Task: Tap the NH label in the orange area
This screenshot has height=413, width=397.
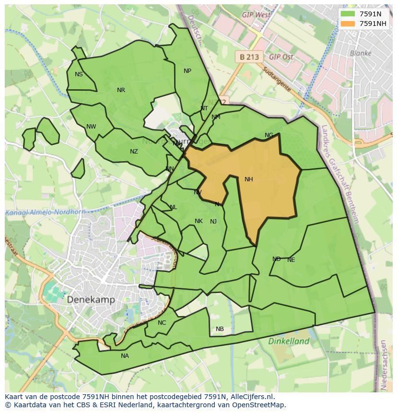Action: coord(248,179)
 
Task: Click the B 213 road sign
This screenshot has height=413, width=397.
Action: coord(249,57)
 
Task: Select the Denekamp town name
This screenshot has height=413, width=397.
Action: coord(91,299)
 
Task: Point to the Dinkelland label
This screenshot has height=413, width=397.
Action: coord(289,342)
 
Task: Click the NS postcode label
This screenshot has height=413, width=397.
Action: coord(79,74)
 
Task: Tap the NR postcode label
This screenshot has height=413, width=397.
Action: coord(121,90)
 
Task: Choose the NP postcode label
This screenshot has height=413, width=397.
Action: coord(187,71)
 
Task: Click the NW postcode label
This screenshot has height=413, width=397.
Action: coord(91,127)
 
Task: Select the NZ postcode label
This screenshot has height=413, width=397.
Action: coord(134,152)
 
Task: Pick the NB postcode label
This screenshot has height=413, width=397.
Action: coord(220,329)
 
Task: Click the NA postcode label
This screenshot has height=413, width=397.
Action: coord(125,356)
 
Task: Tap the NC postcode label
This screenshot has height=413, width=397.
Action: coord(162,323)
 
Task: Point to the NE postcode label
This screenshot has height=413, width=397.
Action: coord(291,260)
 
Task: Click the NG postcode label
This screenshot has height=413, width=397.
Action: coord(269,135)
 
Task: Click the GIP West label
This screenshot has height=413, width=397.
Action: coord(257,15)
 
